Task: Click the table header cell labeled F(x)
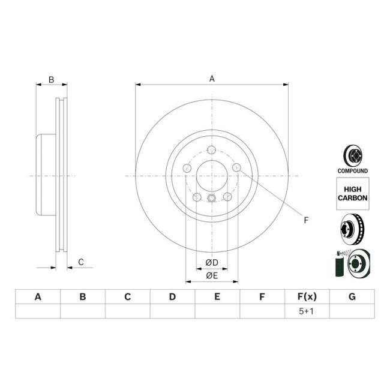click(307, 296)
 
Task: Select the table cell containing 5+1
click(307, 311)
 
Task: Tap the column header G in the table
click(352, 296)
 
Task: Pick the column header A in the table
click(38, 296)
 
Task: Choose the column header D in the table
click(172, 296)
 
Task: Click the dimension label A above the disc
click(211, 78)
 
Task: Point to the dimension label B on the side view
click(52, 79)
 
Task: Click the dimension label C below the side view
click(80, 262)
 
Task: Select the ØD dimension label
click(211, 262)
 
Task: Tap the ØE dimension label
click(211, 275)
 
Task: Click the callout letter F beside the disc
click(305, 220)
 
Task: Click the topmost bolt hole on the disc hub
click(211, 150)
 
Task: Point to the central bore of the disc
click(211, 176)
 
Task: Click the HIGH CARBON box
click(352, 193)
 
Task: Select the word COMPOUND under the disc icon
click(352, 171)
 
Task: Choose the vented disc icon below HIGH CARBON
click(353, 227)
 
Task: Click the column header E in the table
click(217, 296)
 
